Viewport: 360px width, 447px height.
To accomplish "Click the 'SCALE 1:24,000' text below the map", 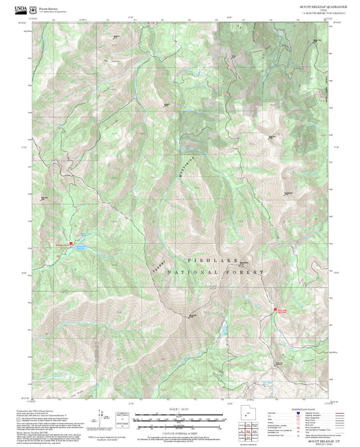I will [180, 409].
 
